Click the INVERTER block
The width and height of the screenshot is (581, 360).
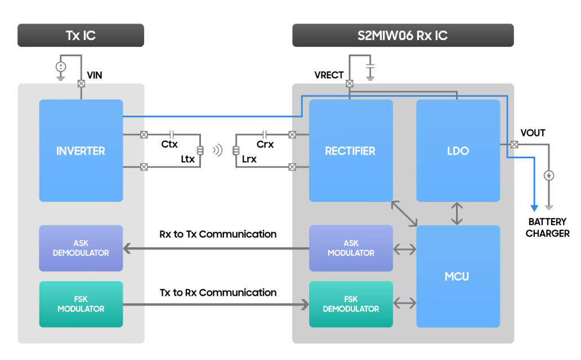81,151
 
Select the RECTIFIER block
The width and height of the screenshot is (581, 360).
350,151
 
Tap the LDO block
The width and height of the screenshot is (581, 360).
458,151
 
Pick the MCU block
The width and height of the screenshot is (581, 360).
458,276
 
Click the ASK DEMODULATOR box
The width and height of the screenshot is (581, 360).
81,248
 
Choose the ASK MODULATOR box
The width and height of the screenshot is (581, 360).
351,248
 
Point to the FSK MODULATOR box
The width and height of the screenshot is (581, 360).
81,304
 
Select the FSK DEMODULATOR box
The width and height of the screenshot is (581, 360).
351,304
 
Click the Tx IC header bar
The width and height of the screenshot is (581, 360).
81,35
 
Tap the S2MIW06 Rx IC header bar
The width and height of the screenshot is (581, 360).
403,35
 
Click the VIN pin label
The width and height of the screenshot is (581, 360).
95,75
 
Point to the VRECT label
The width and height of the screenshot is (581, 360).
329,75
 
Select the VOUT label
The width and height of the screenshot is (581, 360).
533,133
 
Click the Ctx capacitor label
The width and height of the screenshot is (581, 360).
169,145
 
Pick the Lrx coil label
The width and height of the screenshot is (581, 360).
249,159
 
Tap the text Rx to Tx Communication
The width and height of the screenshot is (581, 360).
218,234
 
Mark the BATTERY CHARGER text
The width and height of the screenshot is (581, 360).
547,228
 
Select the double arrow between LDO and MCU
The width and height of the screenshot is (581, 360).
458,214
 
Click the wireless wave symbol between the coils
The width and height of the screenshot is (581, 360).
217,150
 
